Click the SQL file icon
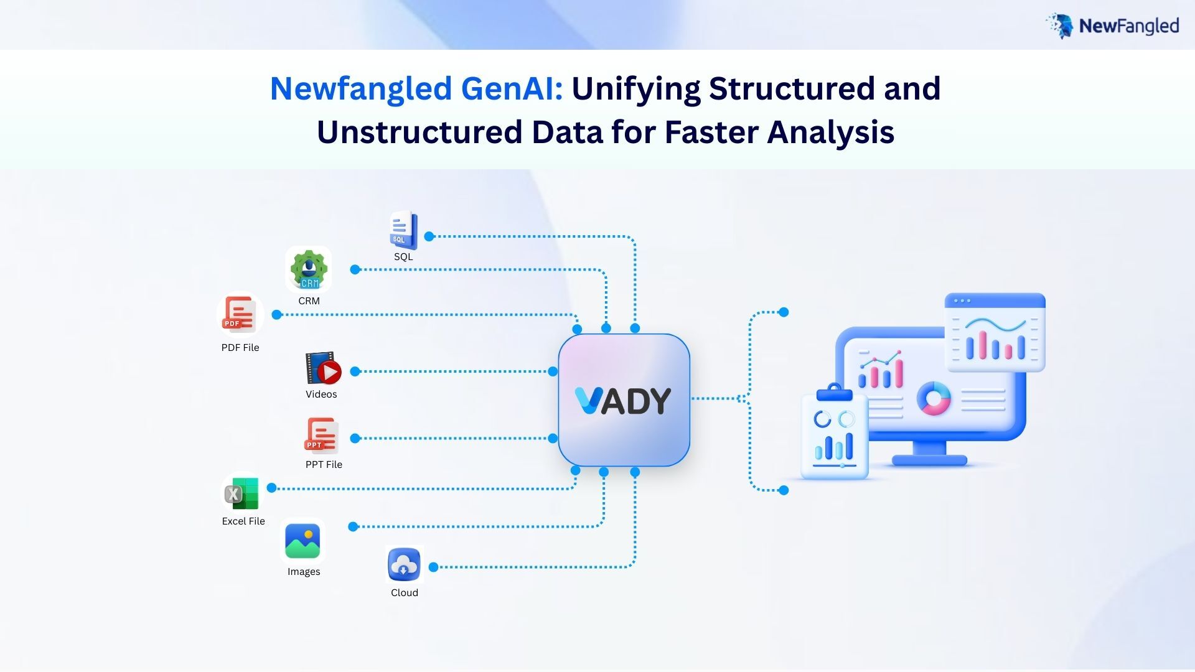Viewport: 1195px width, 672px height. pyautogui.click(x=403, y=230)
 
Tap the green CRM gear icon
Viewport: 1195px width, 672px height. pyautogui.click(x=309, y=269)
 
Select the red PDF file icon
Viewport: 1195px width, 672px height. pyautogui.click(x=240, y=315)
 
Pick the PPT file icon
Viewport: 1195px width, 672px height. pyautogui.click(x=321, y=436)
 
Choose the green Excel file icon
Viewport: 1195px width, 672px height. pyautogui.click(x=241, y=493)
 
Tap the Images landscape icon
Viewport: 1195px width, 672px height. pyautogui.click(x=302, y=541)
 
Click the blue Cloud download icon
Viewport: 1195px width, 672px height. pyautogui.click(x=404, y=564)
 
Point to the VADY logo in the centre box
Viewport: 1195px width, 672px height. pyautogui.click(x=623, y=401)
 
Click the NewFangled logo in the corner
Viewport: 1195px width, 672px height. pyautogui.click(x=1112, y=26)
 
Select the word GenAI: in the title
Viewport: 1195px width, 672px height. pyautogui.click(x=512, y=88)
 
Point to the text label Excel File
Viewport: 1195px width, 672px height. pyautogui.click(x=243, y=521)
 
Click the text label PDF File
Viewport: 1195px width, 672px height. pyautogui.click(x=240, y=348)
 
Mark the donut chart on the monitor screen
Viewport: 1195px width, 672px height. pyautogui.click(x=934, y=398)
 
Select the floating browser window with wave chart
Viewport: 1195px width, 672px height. pyautogui.click(x=995, y=332)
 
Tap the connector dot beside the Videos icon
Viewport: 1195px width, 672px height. pyautogui.click(x=355, y=371)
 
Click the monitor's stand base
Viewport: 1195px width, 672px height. pyautogui.click(x=929, y=460)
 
